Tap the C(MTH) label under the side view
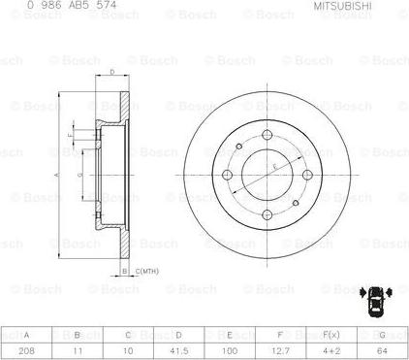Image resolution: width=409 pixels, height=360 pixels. click(146, 272)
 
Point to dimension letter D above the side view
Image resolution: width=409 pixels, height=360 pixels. click(112, 72)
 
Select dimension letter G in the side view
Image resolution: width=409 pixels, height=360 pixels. click(79, 175)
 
